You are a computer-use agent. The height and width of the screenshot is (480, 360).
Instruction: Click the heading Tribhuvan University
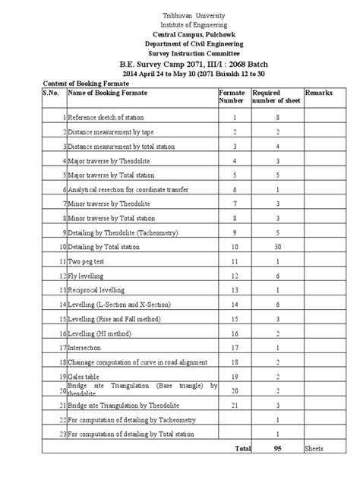point(179,16)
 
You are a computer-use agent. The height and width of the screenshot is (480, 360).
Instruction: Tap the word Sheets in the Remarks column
point(314,449)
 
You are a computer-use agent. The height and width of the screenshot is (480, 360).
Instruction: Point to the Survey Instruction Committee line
point(180,54)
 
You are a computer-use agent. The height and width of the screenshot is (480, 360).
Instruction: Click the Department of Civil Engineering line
point(180,45)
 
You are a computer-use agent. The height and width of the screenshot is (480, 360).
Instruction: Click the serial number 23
point(62,434)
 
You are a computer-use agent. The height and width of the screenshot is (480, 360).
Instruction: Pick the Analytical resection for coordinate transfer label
point(128,189)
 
